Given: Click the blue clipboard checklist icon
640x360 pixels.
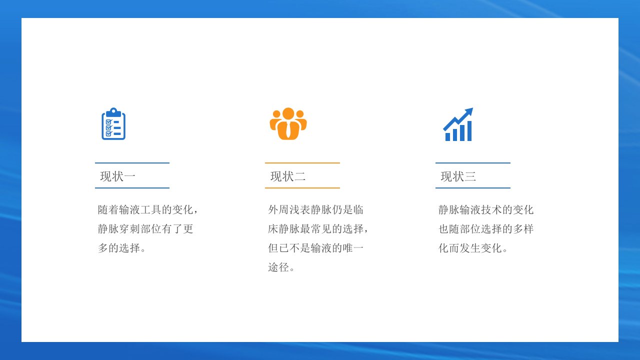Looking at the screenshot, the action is pyautogui.click(x=113, y=123).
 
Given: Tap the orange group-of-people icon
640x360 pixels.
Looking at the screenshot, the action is pyautogui.click(x=288, y=123).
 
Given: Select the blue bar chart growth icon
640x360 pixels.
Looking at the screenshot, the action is pyautogui.click(x=458, y=124).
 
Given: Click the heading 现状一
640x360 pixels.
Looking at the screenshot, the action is pyautogui.click(x=117, y=176).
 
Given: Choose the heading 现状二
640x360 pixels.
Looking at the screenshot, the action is pyautogui.click(x=288, y=176).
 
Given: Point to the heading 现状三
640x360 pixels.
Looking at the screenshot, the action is pyautogui.click(x=458, y=176).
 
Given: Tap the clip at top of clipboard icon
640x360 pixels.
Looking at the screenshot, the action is pyautogui.click(x=113, y=112).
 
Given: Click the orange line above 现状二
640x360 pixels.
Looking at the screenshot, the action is pyautogui.click(x=302, y=163).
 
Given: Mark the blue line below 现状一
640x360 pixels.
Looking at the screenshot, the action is pyautogui.click(x=132, y=188).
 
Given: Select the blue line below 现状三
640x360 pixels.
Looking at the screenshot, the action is pyautogui.click(x=473, y=188).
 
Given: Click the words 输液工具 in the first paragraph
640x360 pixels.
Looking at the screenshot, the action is pyautogui.click(x=140, y=209).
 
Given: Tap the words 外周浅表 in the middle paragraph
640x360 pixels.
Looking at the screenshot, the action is pyautogui.click(x=289, y=209).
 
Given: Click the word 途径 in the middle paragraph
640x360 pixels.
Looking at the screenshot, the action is pyautogui.click(x=278, y=267).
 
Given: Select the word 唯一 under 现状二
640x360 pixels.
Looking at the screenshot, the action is pyautogui.click(x=353, y=248).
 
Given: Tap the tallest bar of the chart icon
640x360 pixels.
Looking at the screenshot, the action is pyautogui.click(x=469, y=131).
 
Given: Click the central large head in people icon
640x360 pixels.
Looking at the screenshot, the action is pyautogui.click(x=288, y=113).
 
